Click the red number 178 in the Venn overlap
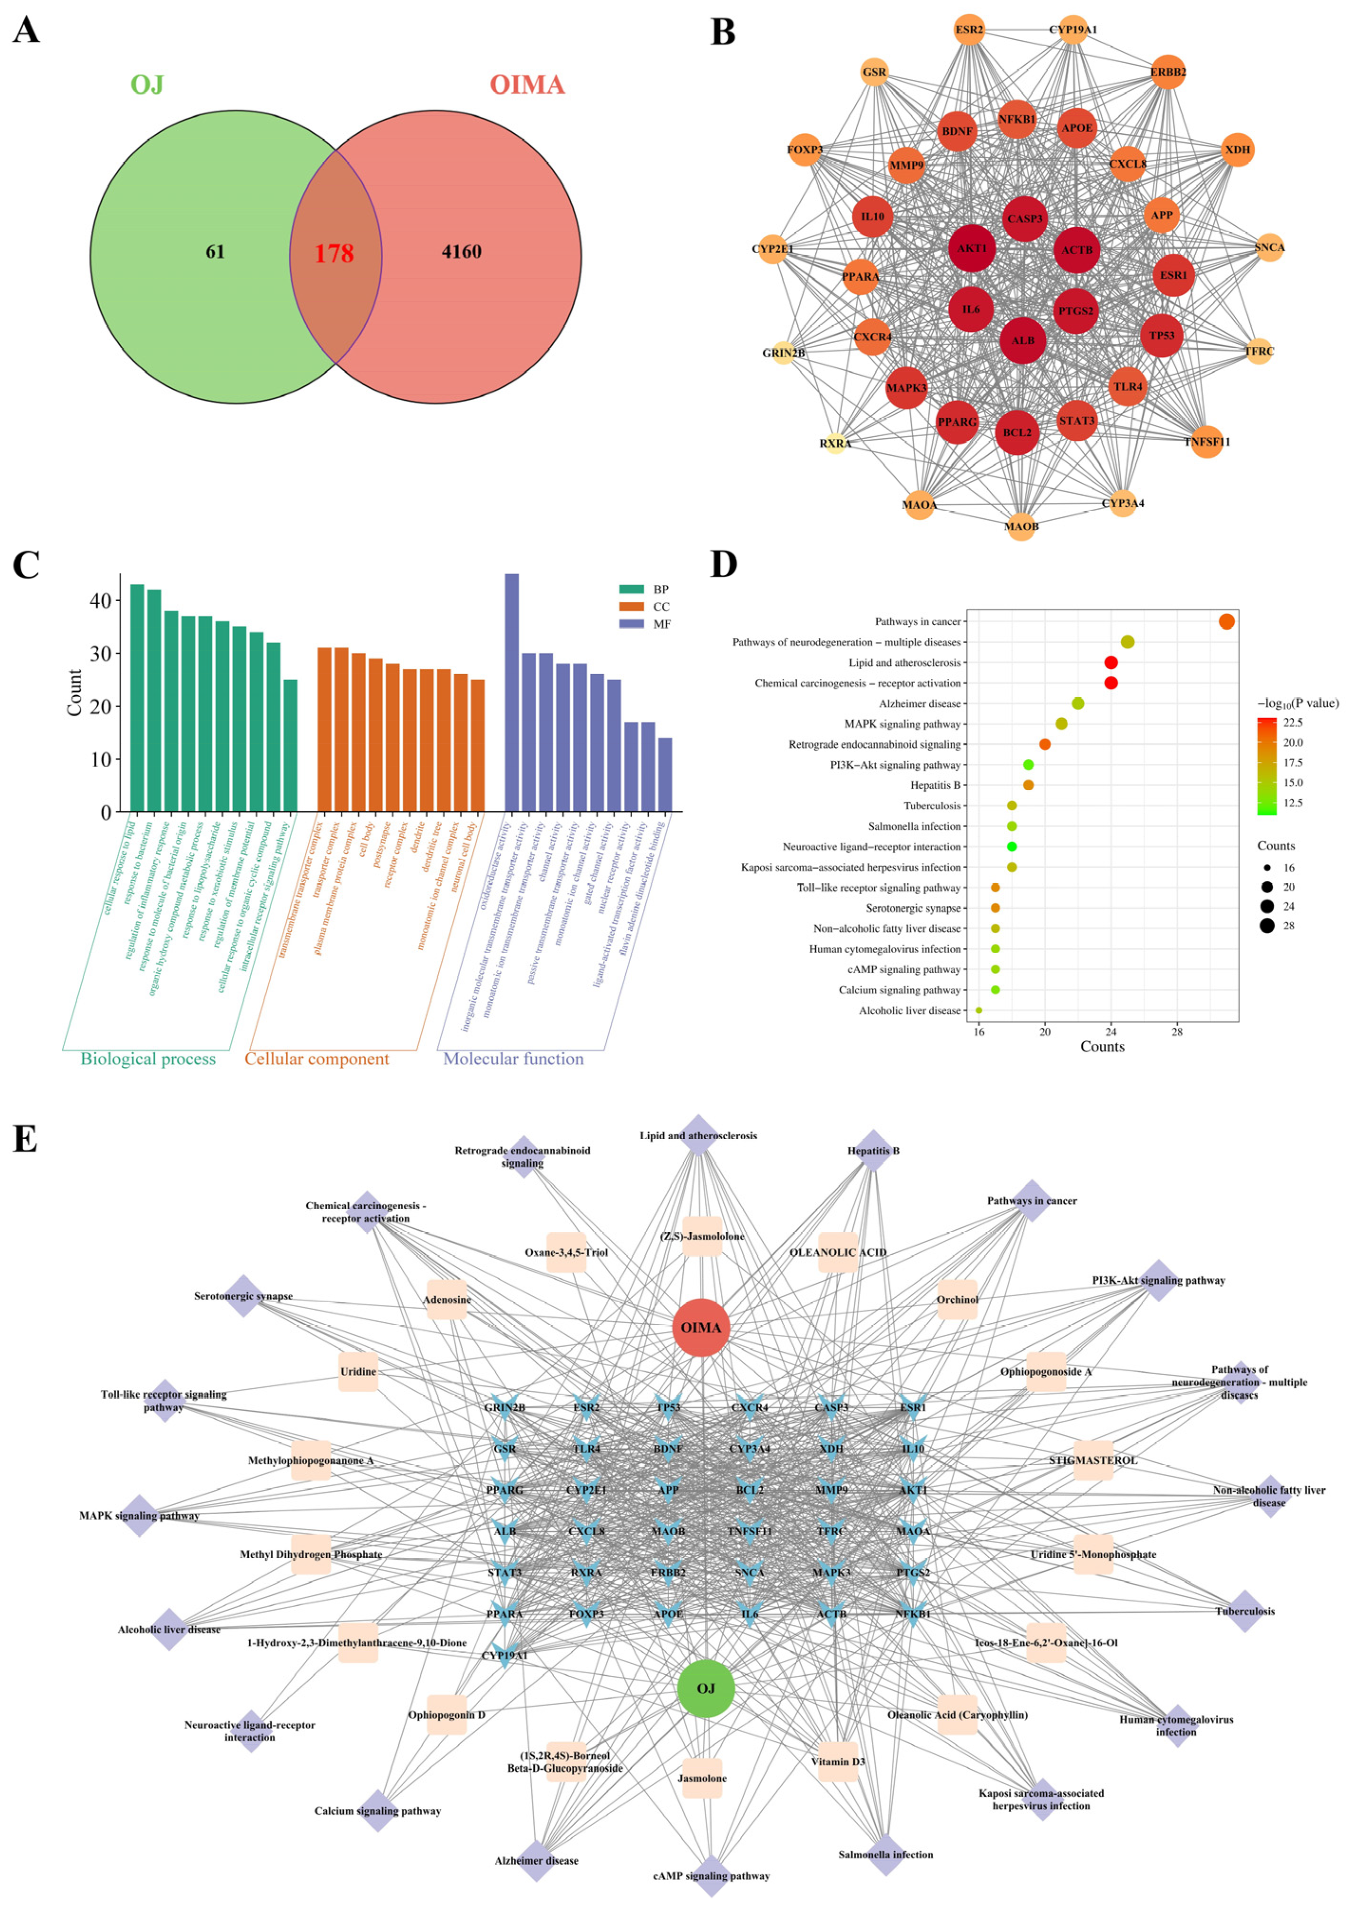tap(334, 253)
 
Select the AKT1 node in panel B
tap(972, 248)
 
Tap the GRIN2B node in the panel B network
tap(783, 353)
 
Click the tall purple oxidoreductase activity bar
tap(511, 691)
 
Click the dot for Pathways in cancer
tap(1226, 621)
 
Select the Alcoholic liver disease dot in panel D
tap(979, 1010)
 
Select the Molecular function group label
tap(513, 1059)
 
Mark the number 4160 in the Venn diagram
tap(462, 253)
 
